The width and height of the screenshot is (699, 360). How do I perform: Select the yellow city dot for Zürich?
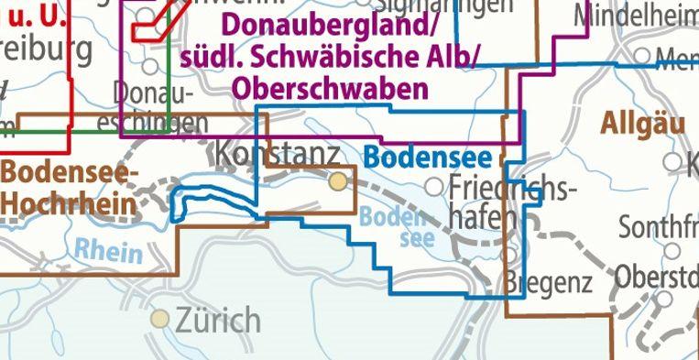[161, 319]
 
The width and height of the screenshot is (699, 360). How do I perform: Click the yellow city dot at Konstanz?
[339, 180]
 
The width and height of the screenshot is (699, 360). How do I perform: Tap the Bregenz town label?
[548, 283]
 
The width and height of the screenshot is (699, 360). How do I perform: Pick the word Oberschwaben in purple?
[331, 88]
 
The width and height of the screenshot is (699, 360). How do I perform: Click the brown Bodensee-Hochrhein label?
[70, 187]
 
